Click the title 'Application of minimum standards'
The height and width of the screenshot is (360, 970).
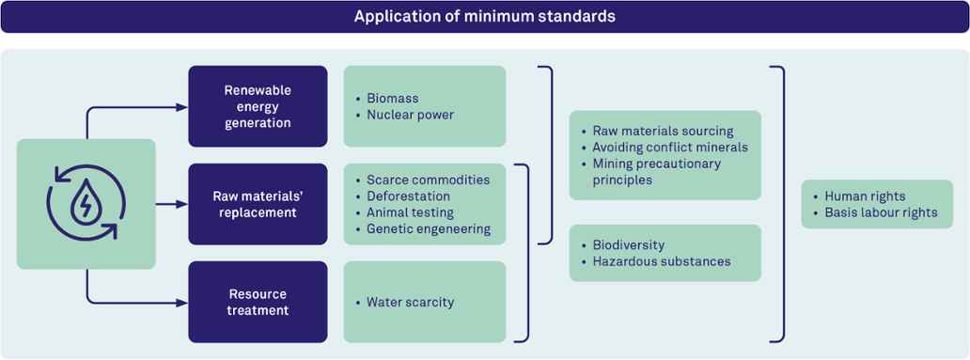click(x=484, y=17)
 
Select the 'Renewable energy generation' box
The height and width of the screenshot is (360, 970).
click(x=258, y=106)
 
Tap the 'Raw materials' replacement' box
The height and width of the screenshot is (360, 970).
click(x=258, y=204)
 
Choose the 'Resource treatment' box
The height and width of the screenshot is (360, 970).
click(x=258, y=302)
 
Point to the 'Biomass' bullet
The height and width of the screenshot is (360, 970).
click(x=392, y=99)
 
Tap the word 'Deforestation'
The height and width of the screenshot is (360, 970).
click(x=408, y=196)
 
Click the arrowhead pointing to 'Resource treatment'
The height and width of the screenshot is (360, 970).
click(x=182, y=303)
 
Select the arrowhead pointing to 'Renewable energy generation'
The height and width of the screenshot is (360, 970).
click(x=182, y=107)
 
